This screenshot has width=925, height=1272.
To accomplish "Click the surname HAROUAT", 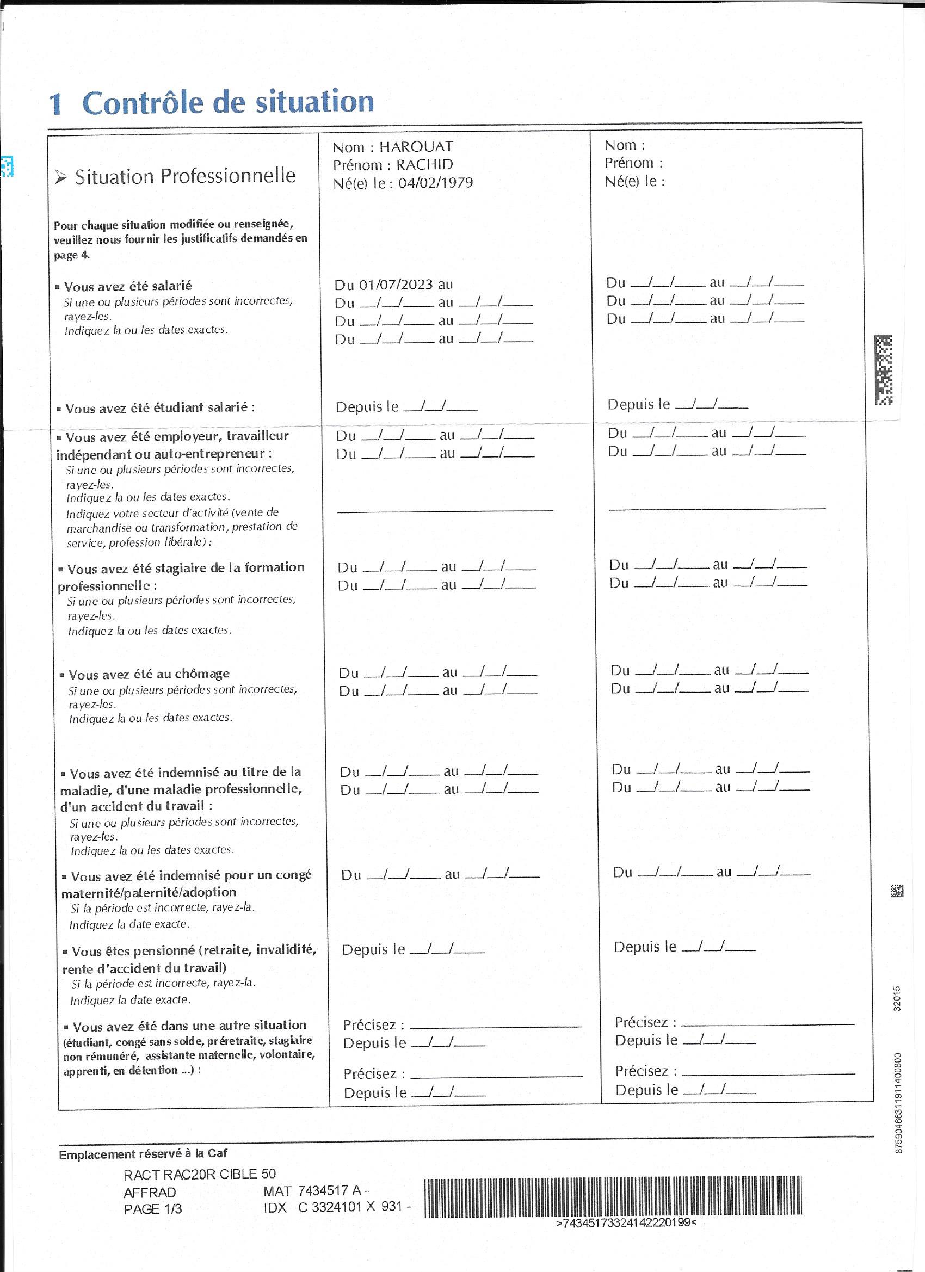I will [x=416, y=147].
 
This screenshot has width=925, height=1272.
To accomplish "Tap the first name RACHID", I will [x=424, y=165].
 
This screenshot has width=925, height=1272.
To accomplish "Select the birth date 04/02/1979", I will [x=435, y=183].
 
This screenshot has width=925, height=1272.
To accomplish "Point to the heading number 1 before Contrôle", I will [x=55, y=104].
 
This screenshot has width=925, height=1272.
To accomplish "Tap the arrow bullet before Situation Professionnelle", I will [x=61, y=178].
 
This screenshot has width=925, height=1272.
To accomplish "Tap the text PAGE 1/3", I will [x=152, y=1209].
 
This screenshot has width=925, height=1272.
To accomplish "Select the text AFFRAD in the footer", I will [x=150, y=1192].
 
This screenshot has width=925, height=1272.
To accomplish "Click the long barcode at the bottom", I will [x=613, y=1197].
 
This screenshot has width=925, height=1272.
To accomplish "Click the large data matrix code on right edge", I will [x=883, y=369].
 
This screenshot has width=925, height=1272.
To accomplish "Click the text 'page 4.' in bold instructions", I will [x=72, y=255].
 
